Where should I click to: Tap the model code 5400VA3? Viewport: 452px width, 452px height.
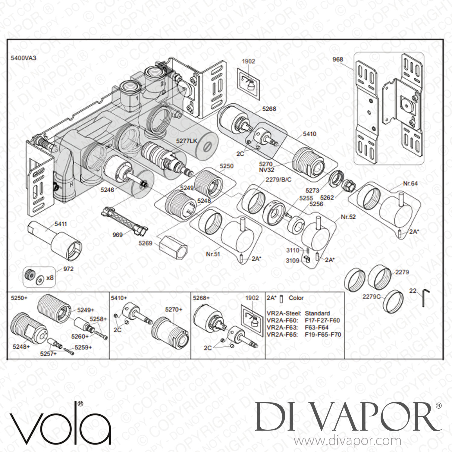click(x=24, y=58)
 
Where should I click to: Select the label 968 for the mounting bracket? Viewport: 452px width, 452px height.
click(x=338, y=59)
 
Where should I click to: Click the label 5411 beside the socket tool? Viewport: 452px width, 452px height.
click(x=61, y=224)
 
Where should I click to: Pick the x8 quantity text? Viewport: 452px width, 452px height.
click(x=50, y=277)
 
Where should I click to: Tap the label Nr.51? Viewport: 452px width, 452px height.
click(x=213, y=254)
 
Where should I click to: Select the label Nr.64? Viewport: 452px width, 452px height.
click(x=410, y=183)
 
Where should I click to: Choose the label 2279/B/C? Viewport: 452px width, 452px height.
click(x=278, y=180)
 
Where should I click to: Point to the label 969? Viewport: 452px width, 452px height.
click(x=117, y=235)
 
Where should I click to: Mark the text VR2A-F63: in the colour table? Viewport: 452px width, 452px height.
click(x=282, y=327)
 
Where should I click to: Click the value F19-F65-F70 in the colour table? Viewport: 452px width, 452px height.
click(x=323, y=334)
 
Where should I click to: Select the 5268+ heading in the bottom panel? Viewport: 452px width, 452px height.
click(x=201, y=298)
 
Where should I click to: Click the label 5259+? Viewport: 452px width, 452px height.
click(x=83, y=347)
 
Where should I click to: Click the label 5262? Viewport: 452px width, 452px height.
click(x=327, y=198)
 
